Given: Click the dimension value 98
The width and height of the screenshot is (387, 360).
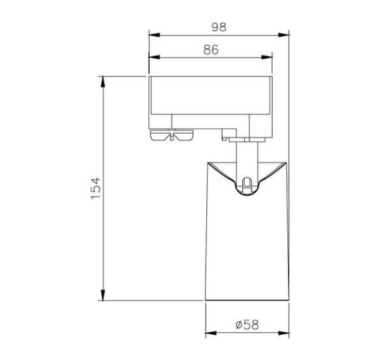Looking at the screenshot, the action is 219,27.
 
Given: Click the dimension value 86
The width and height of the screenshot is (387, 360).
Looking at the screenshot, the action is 211,50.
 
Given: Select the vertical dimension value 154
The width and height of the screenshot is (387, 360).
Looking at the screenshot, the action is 96,188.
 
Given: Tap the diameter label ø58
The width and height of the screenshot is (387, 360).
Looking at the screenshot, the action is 248,325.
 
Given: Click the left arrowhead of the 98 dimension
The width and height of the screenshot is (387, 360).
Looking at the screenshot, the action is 154,35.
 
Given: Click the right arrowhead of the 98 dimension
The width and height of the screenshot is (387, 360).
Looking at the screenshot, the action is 284,35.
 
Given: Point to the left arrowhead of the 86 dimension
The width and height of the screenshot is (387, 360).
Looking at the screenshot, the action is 154,57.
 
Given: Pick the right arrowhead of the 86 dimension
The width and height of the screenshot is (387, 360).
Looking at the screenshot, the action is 267,57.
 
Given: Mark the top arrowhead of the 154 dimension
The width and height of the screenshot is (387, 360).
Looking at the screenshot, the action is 103,82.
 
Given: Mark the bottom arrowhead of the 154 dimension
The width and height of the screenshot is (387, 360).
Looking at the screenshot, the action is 103,295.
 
